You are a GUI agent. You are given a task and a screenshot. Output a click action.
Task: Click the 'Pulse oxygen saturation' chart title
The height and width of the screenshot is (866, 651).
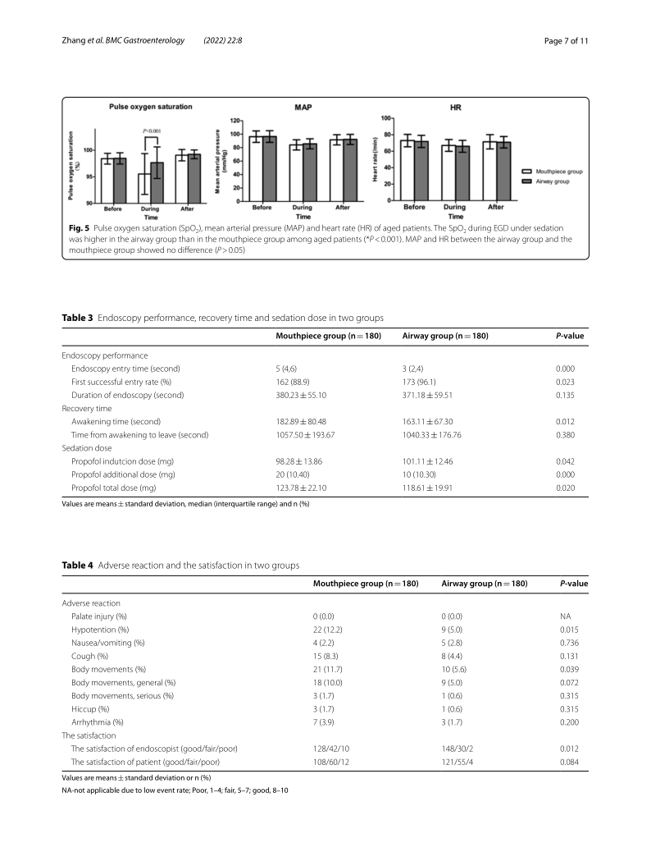pos(151,107)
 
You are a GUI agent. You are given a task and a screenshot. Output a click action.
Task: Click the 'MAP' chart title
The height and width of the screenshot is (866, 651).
pos(303,108)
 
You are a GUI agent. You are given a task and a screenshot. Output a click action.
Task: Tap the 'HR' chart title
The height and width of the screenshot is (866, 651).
pos(455,108)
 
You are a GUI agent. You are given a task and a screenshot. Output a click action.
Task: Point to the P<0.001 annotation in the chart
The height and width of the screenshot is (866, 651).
pos(153,131)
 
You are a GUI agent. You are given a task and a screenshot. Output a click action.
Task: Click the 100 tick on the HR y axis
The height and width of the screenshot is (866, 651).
pos(386,118)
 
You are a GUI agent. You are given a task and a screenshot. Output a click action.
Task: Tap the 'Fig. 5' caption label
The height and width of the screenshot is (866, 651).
pos(78,224)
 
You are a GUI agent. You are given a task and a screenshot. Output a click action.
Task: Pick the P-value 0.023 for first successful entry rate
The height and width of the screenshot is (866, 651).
pos(567,382)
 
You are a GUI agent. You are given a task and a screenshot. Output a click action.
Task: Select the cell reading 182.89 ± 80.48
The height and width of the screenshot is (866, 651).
pos(301,421)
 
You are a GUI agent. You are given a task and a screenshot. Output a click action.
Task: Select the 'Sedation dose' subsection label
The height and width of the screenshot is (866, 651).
pos(86,447)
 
